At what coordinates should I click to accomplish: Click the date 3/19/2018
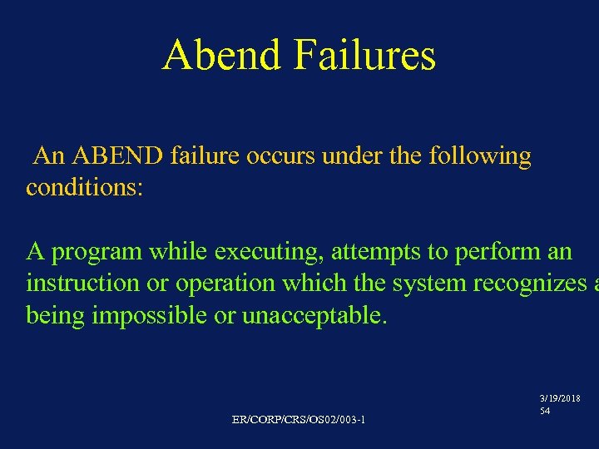pyautogui.click(x=560, y=399)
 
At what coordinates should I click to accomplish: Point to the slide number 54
pyautogui.click(x=544, y=411)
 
